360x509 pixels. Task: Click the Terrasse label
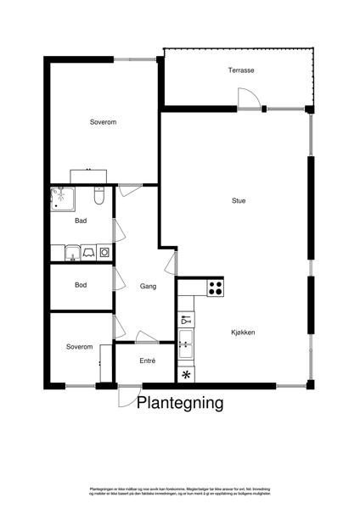point(241,70)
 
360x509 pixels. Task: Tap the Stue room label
point(239,201)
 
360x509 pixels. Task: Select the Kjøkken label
point(242,333)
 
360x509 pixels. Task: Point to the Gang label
point(148,286)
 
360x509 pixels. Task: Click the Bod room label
point(81,285)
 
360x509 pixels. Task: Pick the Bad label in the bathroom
point(81,221)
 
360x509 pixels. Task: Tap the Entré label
point(148,361)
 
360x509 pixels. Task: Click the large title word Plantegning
point(181,403)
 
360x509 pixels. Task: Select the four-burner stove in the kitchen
point(214,286)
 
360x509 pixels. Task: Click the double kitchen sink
point(185,344)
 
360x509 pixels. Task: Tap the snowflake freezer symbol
point(185,374)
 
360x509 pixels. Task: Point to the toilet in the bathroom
point(99,198)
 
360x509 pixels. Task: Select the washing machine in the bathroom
point(104,252)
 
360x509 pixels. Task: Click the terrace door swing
point(249,99)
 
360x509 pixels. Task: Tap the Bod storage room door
point(118,278)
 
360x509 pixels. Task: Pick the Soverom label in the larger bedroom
point(103,123)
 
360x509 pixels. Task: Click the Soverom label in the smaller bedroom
point(79,347)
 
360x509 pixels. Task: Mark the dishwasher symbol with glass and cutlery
point(185,321)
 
